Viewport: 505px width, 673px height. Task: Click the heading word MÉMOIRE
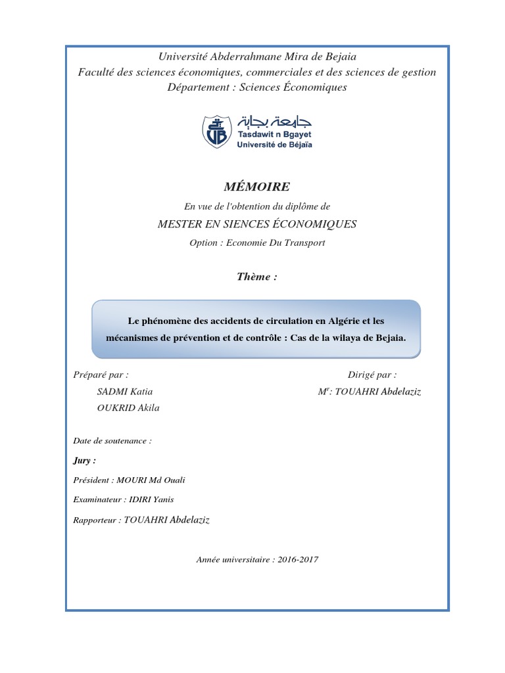coord(253,187)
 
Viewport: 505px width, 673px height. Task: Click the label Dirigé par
coord(372,375)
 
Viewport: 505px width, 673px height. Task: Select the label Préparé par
coord(101,375)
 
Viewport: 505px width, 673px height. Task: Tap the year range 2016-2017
coord(297,560)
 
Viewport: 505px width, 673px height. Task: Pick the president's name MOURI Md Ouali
coord(158,480)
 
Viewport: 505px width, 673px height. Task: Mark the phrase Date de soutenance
coord(112,441)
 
